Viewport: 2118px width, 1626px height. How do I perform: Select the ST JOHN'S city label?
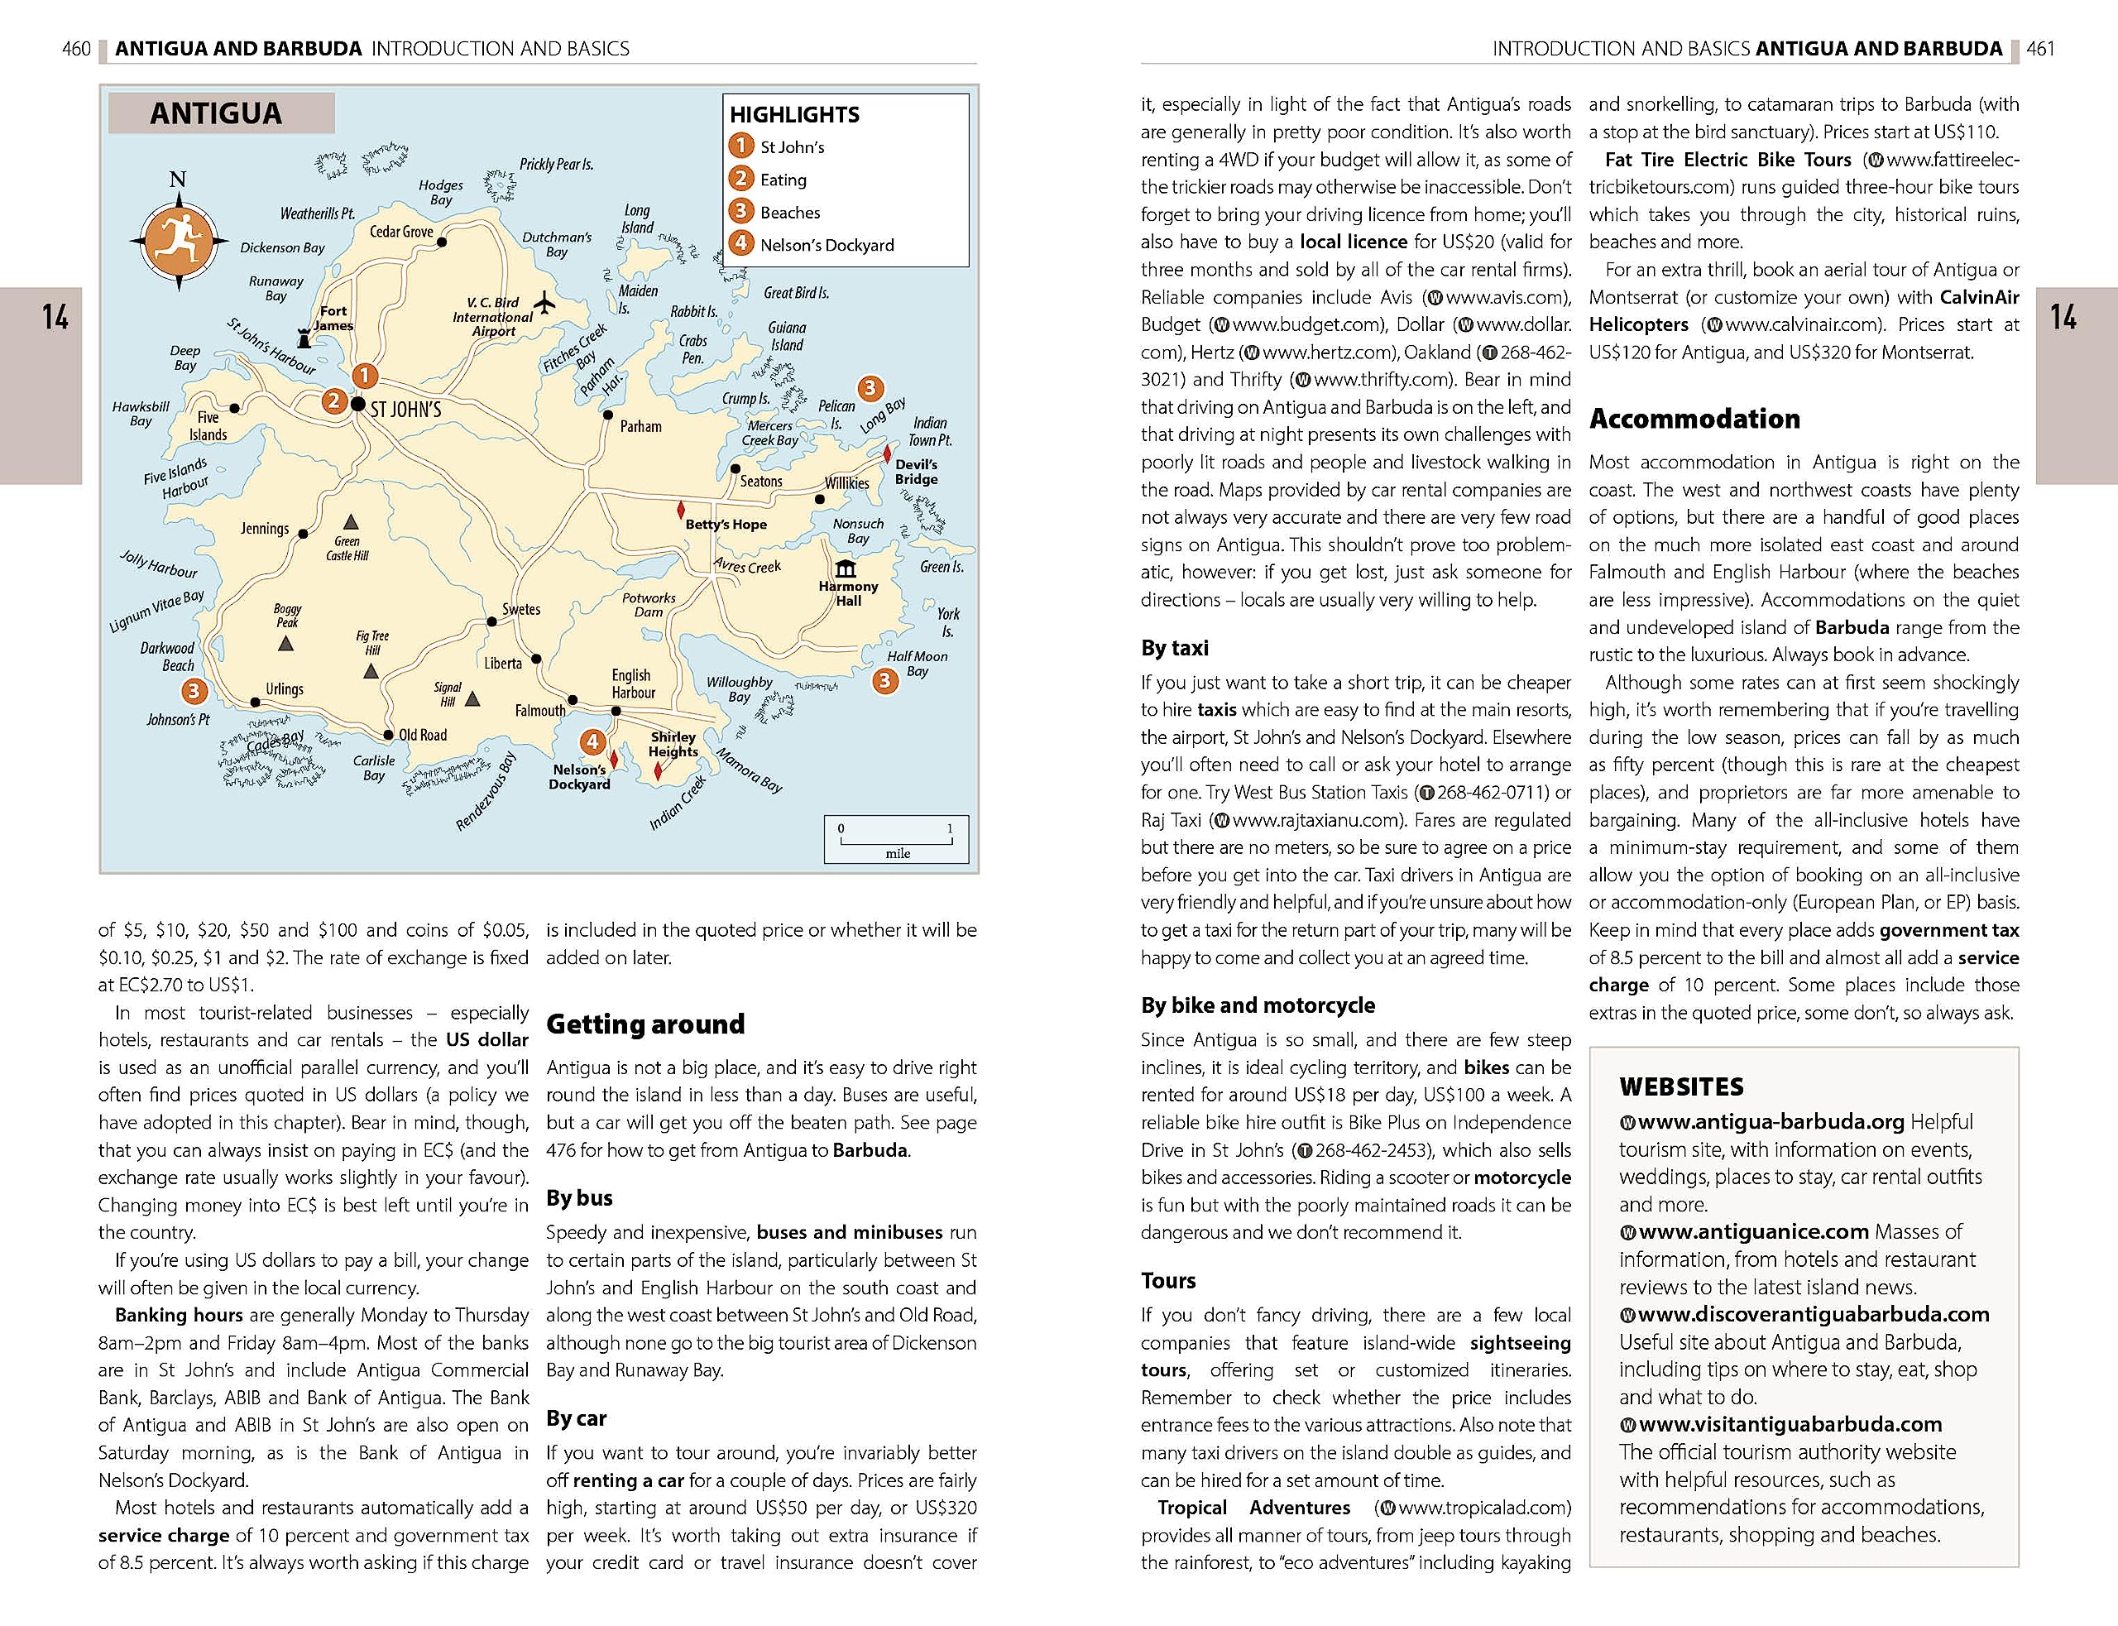pyautogui.click(x=405, y=410)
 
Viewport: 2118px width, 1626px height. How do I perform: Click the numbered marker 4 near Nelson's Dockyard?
pyautogui.click(x=592, y=742)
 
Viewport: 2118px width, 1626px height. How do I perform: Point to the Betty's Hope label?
pyautogui.click(x=726, y=525)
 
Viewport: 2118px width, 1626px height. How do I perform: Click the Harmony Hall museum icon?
pyautogui.click(x=846, y=568)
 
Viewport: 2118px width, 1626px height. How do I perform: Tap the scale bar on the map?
pyautogui.click(x=896, y=838)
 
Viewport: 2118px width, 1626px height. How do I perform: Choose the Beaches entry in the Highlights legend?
pyautogui.click(x=789, y=212)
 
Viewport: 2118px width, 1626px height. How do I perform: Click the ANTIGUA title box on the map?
pyautogui.click(x=222, y=113)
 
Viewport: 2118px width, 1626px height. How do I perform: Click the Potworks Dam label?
pyautogui.click(x=649, y=605)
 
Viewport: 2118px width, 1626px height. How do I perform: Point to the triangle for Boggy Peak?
pyautogui.click(x=285, y=644)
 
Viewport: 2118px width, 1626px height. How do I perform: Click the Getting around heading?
pyautogui.click(x=645, y=1024)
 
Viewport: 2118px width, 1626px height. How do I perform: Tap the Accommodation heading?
pyautogui.click(x=1694, y=418)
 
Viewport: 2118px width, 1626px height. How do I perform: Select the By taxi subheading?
pyautogui.click(x=1174, y=647)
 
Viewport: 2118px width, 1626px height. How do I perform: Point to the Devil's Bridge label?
pyautogui.click(x=917, y=472)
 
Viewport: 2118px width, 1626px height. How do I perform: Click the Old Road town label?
pyautogui.click(x=423, y=735)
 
